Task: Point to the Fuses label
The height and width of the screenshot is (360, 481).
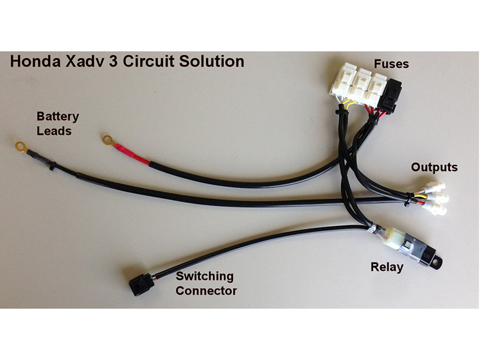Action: point(392,65)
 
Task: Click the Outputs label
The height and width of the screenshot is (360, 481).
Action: point(434,167)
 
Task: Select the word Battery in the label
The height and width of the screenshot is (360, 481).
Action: point(58,117)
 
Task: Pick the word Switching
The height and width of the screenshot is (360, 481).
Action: point(205,277)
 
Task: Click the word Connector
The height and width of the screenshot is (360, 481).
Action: point(207,291)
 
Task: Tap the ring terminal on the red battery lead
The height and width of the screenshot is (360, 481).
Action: point(106,139)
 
